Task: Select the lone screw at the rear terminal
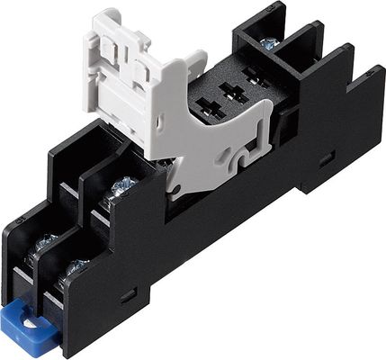[x=268, y=43]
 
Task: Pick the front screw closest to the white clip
[x=121, y=186]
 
